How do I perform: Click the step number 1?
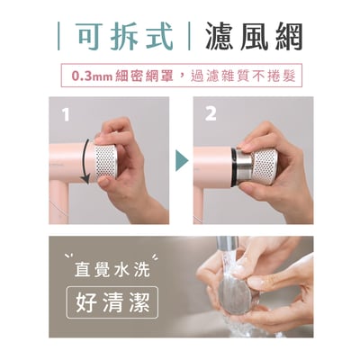coord(64,115)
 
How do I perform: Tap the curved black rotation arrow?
coord(86,163)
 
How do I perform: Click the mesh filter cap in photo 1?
coord(110,163)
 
